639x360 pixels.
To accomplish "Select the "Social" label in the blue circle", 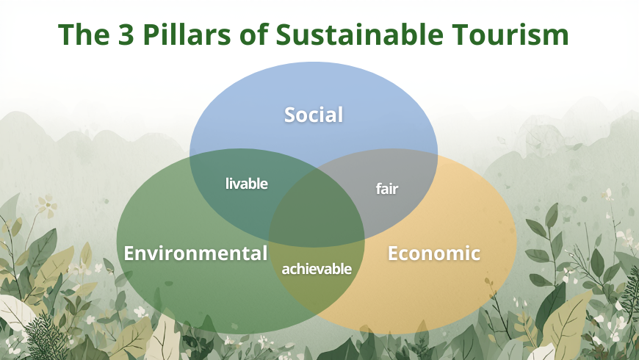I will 314,115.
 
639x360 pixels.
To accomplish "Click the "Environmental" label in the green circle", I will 195,253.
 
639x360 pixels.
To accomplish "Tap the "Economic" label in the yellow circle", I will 433,253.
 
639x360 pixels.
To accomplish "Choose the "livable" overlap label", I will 246,184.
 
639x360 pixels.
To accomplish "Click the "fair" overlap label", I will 386,189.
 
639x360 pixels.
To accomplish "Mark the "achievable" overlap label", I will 317,269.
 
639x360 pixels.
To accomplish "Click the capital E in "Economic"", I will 394,253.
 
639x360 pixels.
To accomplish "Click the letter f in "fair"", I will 378,189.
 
